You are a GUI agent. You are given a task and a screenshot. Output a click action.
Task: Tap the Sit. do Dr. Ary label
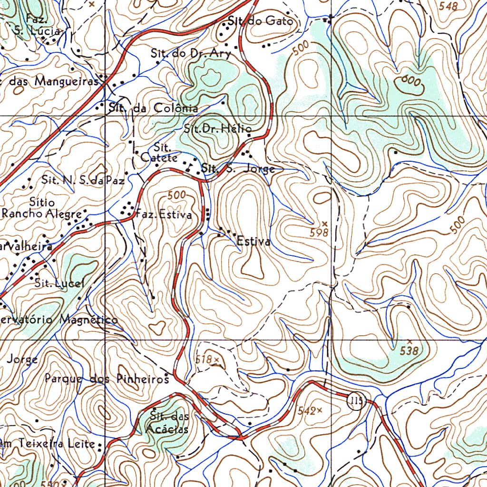(191, 54)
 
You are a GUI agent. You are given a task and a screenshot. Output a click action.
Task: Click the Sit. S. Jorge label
(238, 169)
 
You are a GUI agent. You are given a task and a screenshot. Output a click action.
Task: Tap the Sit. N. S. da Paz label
(83, 180)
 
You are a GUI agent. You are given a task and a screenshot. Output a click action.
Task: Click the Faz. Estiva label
(165, 215)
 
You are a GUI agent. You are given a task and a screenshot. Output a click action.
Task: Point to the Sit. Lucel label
(59, 283)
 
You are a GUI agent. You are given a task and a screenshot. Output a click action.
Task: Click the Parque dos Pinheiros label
(107, 379)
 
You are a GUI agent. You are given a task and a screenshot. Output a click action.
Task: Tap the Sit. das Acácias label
(169, 423)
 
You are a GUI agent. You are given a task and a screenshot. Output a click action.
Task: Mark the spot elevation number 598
(319, 233)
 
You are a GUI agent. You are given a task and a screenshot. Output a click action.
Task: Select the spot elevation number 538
(409, 351)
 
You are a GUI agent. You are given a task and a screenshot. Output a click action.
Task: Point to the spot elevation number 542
(307, 411)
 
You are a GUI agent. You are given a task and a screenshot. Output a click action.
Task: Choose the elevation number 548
(448, 6)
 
